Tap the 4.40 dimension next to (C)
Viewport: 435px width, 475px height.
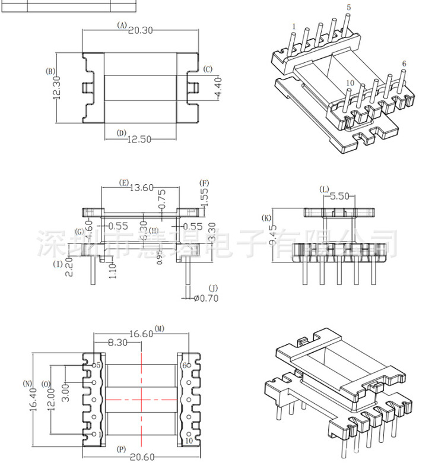tap(217, 87)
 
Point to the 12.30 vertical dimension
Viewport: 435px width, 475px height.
tap(58, 87)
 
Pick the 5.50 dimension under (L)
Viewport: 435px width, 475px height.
tap(339, 195)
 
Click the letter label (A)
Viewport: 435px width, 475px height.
tap(122, 26)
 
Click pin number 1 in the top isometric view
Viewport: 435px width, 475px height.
tap(294, 27)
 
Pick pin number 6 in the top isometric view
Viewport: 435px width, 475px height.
tap(404, 64)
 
